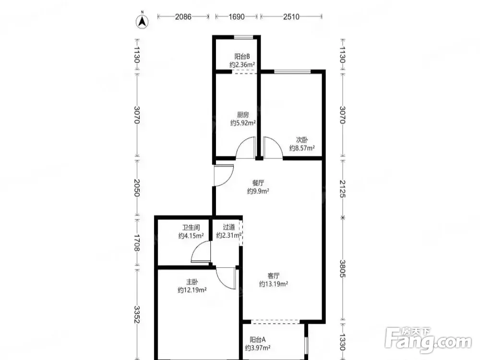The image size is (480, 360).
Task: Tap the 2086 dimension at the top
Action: coord(183,16)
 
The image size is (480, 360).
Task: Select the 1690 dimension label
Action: coord(236,16)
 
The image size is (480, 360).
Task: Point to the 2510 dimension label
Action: coord(291,16)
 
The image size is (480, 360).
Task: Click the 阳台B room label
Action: coord(242,56)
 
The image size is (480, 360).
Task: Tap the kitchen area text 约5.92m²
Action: coord(243,123)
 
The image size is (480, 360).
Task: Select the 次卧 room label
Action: coord(302,140)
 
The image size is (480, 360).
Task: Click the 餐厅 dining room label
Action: coord(258,183)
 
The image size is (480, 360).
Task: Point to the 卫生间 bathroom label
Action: coord(191,228)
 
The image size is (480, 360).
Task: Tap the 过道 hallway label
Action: coord(229,227)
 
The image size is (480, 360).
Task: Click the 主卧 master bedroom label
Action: coord(192,282)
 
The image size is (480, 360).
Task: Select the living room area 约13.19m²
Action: coord(274,284)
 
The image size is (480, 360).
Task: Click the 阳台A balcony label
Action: coord(257,339)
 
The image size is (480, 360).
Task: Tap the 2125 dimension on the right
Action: coord(342,189)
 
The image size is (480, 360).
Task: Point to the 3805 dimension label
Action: coord(342,269)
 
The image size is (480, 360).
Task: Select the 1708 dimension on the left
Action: coord(137,243)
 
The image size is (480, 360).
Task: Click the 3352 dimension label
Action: coord(137,314)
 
